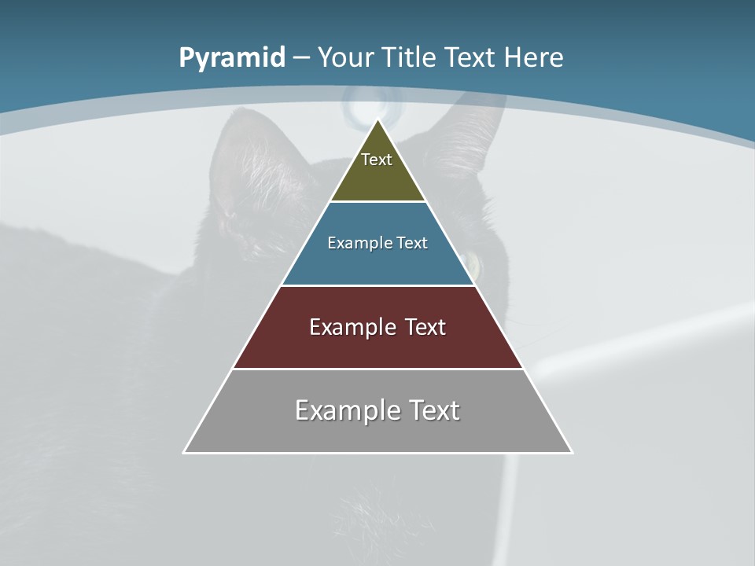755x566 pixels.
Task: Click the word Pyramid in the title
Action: click(232, 58)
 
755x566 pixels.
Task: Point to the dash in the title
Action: click(300, 58)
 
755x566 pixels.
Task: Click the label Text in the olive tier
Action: click(377, 160)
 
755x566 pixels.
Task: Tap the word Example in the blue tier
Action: click(350, 244)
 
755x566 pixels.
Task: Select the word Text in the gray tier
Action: click(429, 410)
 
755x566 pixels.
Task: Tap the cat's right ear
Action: click(472, 130)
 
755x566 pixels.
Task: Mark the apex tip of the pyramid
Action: click(377, 120)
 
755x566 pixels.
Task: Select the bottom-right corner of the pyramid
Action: click(571, 452)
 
